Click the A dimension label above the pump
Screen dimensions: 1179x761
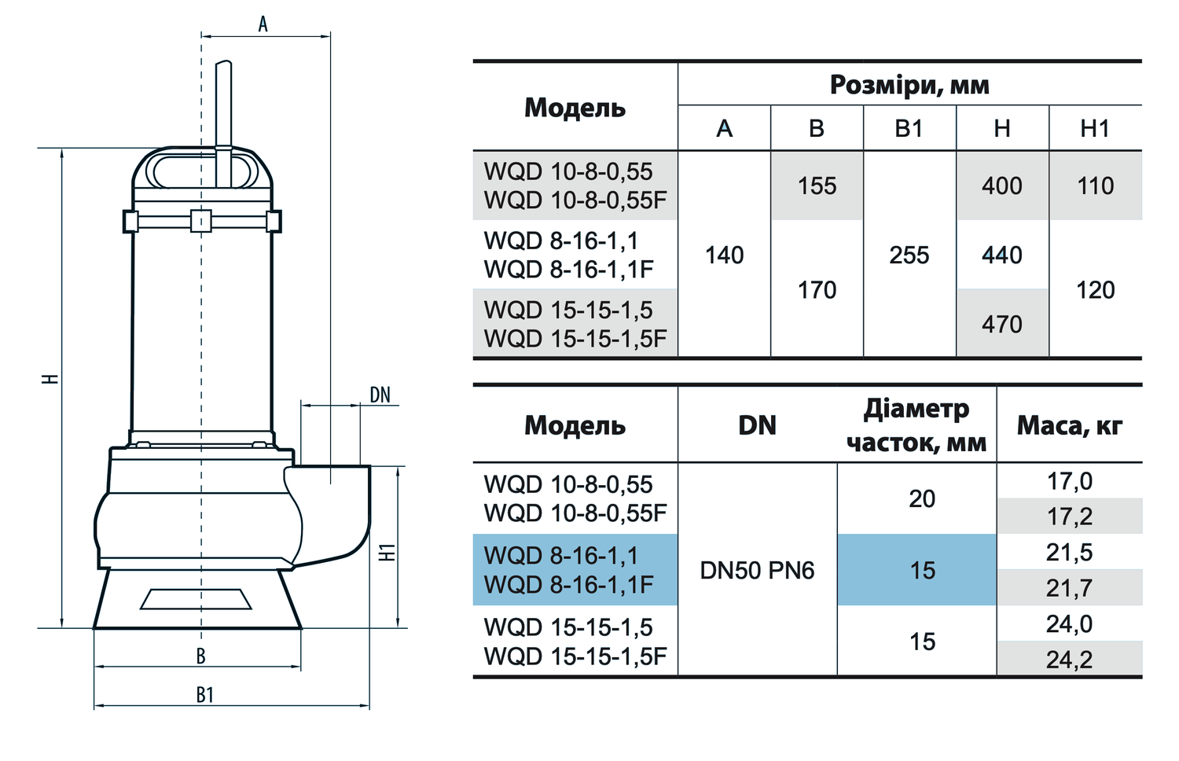pos(263,24)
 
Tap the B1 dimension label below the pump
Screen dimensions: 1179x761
pos(204,695)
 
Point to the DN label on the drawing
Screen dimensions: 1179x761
pos(380,395)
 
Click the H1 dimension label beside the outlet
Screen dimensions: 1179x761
pos(388,552)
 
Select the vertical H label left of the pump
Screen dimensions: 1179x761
pos(50,379)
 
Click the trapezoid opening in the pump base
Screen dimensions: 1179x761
pos(196,599)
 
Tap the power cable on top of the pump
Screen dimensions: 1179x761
pos(224,123)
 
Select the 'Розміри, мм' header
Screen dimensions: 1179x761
pos(909,85)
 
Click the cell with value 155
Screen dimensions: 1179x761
pos(817,186)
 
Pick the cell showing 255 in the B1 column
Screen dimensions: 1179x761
pos(909,256)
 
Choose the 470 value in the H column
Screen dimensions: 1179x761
pos(1002,324)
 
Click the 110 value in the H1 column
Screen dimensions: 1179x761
pos(1096,186)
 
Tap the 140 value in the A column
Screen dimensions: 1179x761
pos(724,256)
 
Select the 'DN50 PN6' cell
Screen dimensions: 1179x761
pos(757,571)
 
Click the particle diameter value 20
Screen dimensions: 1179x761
pos(922,499)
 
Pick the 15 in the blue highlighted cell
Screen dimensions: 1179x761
pos(923,571)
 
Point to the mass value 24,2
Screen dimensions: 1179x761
pos(1069,660)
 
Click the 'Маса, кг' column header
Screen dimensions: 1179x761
pos(1070,425)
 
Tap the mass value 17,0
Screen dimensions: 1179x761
pos(1069,481)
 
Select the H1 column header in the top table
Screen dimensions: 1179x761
pos(1095,128)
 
